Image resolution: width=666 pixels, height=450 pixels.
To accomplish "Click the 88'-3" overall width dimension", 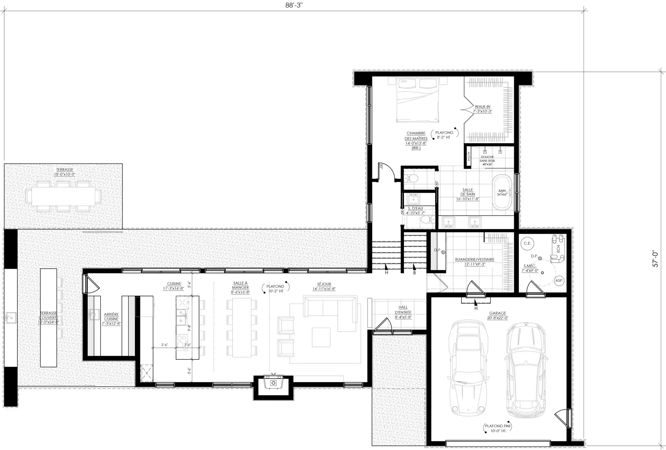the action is [x=294, y=5].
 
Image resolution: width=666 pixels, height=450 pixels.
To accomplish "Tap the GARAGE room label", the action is [x=497, y=313].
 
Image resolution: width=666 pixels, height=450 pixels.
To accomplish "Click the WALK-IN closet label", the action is [x=483, y=107].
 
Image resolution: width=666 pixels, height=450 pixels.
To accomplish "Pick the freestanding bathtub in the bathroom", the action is [x=502, y=192].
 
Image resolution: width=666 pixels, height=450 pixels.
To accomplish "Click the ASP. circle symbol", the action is [x=559, y=281].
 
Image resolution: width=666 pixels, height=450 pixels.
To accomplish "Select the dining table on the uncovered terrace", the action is [x=63, y=196].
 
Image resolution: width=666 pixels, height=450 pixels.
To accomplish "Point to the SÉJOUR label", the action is [x=324, y=284].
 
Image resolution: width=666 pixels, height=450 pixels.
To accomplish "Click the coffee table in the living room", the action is [x=321, y=337].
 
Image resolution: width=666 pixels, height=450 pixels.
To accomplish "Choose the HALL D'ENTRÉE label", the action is [x=403, y=310].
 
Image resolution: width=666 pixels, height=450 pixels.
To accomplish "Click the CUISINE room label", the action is [x=174, y=284].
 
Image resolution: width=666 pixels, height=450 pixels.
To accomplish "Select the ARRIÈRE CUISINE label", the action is [x=111, y=317].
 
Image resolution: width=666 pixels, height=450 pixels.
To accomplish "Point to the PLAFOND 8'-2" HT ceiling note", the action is [x=444, y=135].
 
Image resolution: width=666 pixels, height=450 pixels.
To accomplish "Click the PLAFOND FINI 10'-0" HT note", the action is [x=498, y=428].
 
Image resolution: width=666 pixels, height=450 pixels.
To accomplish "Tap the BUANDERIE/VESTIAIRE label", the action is [x=475, y=259].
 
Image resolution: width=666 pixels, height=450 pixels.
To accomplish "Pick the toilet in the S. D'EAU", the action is [x=427, y=220].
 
